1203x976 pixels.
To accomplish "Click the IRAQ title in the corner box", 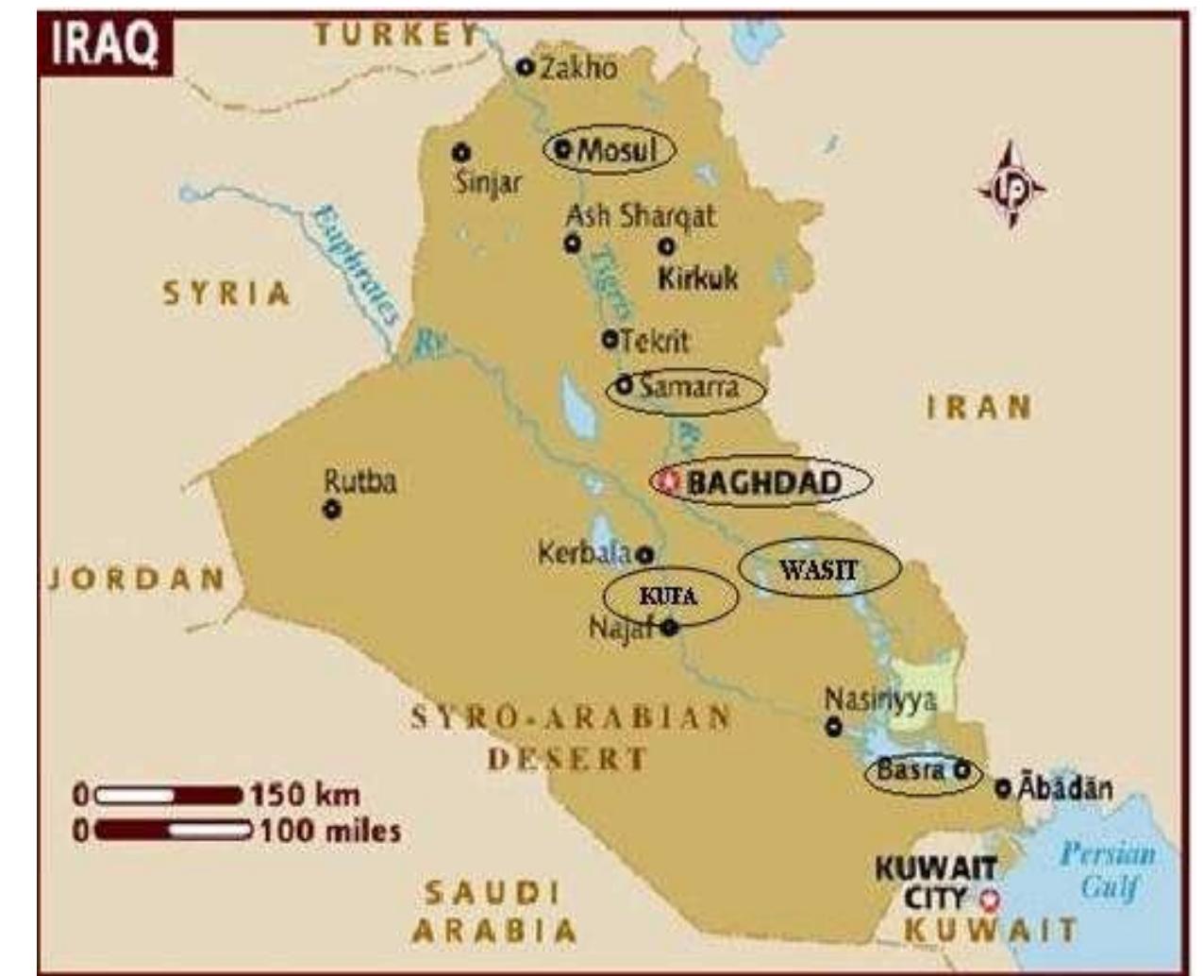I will pos(104,45).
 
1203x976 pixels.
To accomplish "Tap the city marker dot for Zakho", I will pos(526,67).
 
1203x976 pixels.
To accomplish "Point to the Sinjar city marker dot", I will pos(460,152).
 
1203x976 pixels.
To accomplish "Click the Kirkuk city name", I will pos(697,278).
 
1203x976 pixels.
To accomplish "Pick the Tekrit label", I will pos(654,340).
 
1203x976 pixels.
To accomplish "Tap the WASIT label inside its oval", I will pos(818,569).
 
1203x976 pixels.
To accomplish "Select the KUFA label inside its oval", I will pos(668,597).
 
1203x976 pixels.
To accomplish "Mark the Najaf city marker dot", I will pos(670,627).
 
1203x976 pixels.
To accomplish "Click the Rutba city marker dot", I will pos(331,510).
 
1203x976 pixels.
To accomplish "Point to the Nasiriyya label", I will pos(880,699).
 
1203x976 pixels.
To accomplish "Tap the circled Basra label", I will pos(911,770).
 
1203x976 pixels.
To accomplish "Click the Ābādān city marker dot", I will pos(1003,787).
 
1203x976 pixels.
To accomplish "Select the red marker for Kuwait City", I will pos(989,898).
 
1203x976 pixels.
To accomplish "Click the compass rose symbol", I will pos(1011,186).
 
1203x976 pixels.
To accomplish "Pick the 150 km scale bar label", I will pos(304,795).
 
